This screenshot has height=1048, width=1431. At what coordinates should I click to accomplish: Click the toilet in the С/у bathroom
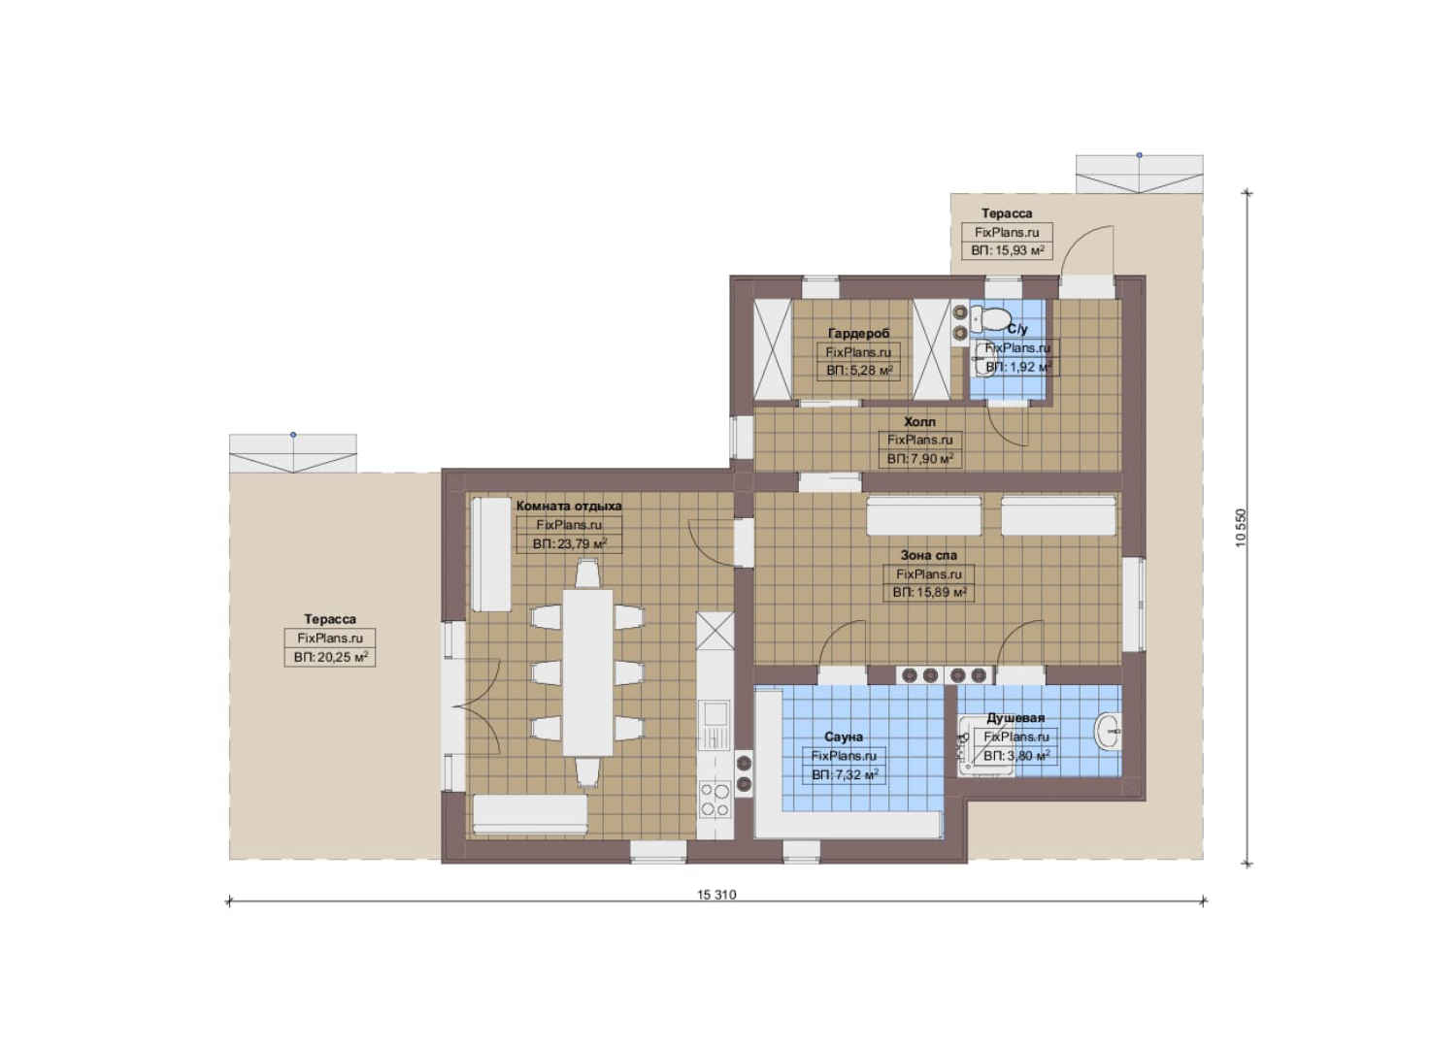pos(989,317)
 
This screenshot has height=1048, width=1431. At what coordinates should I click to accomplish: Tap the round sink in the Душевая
pos(1109,731)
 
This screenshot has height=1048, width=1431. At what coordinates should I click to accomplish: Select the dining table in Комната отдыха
pos(587,672)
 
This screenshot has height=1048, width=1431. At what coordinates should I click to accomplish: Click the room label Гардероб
pos(858,334)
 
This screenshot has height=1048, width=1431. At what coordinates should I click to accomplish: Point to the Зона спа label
pos(929,556)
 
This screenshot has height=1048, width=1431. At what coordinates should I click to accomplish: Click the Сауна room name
pos(844,737)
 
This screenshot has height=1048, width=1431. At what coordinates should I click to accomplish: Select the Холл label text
pos(920,421)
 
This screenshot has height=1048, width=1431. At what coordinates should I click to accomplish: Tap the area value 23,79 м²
pos(569,544)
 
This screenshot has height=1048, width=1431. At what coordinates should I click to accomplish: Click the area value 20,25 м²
pos(331,657)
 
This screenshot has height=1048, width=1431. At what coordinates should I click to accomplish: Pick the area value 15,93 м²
pos(1008,250)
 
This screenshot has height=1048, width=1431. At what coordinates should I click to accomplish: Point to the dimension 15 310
pos(716,895)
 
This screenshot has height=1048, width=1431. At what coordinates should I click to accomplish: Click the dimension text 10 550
pos(1241,528)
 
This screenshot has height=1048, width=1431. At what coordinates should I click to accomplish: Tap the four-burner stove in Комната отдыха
pos(715,800)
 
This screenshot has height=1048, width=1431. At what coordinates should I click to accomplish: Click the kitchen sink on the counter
pos(715,725)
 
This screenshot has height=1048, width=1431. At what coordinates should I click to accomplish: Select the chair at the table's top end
pos(586,573)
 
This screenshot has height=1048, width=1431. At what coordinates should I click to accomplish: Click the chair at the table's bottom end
pos(587,772)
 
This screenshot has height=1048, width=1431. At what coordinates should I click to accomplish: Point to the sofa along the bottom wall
pos(530,815)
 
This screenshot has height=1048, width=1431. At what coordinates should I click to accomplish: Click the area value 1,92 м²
pos(1018,367)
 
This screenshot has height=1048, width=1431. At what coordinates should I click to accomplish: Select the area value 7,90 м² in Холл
pos(920,459)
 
